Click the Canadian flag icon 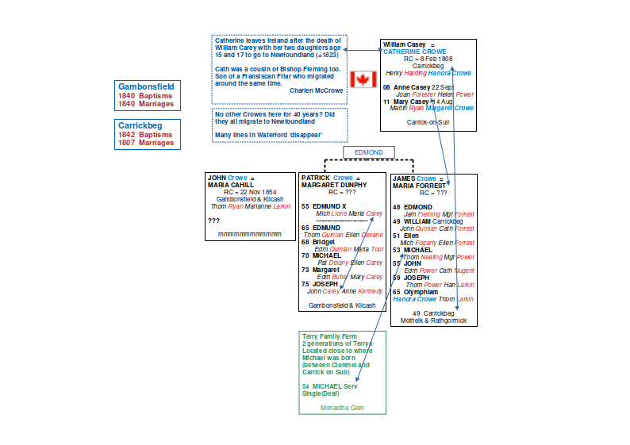[x=363, y=79]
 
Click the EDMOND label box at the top [x=369, y=152]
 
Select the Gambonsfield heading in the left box [x=146, y=86]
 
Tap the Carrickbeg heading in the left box [x=140, y=125]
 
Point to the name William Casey [x=404, y=44]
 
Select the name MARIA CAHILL [x=230, y=185]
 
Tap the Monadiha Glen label [x=342, y=407]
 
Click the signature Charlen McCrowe [x=316, y=90]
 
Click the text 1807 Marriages [x=146, y=143]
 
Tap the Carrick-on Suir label [x=428, y=122]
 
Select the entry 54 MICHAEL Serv [x=330, y=386]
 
